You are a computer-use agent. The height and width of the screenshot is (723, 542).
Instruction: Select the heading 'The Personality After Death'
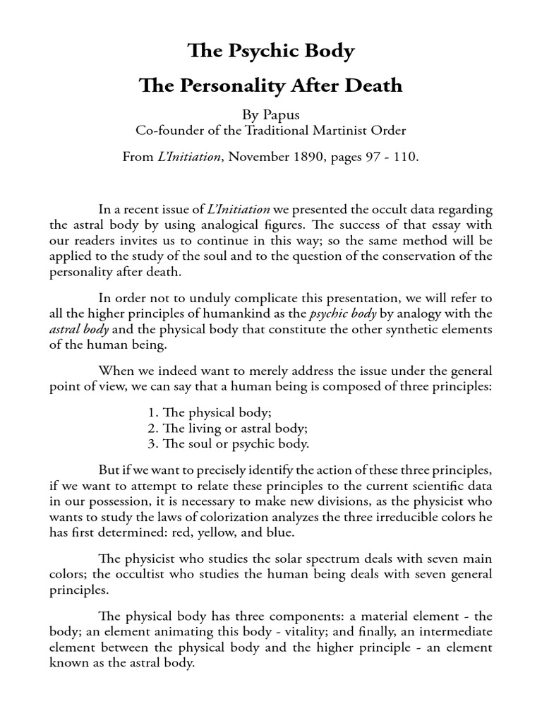(270, 86)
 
